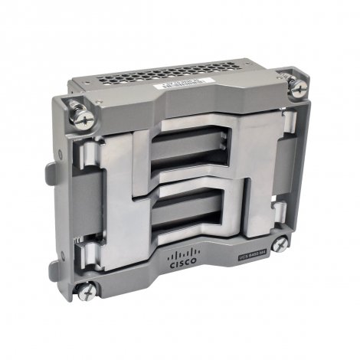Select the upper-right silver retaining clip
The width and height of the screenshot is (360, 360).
click(x=273, y=123)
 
